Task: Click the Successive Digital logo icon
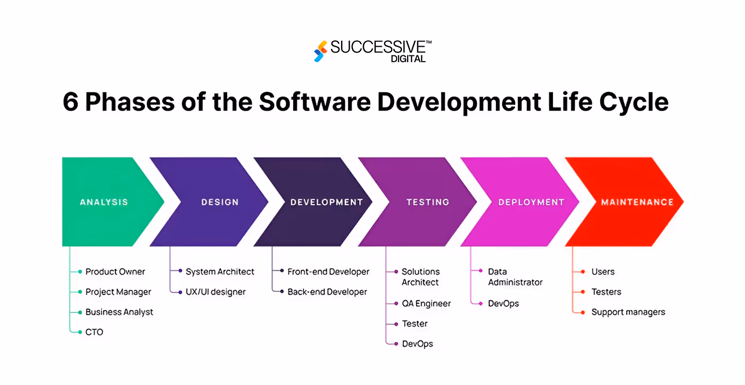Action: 319,51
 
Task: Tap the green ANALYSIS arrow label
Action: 104,202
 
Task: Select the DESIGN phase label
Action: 220,202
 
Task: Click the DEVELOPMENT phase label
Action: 326,202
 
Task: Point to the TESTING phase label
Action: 428,202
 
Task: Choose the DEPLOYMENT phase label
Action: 531,202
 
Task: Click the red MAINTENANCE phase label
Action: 637,202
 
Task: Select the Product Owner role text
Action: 115,272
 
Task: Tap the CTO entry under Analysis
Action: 94,332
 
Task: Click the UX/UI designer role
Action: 216,292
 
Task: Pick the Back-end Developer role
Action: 327,292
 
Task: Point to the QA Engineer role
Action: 426,304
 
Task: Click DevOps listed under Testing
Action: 417,344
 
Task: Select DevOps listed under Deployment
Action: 503,304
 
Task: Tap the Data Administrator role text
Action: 515,277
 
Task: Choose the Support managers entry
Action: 628,312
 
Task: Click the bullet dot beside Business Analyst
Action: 80,312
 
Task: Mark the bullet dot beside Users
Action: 583,272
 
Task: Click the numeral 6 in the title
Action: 70,102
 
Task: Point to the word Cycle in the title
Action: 637,102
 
